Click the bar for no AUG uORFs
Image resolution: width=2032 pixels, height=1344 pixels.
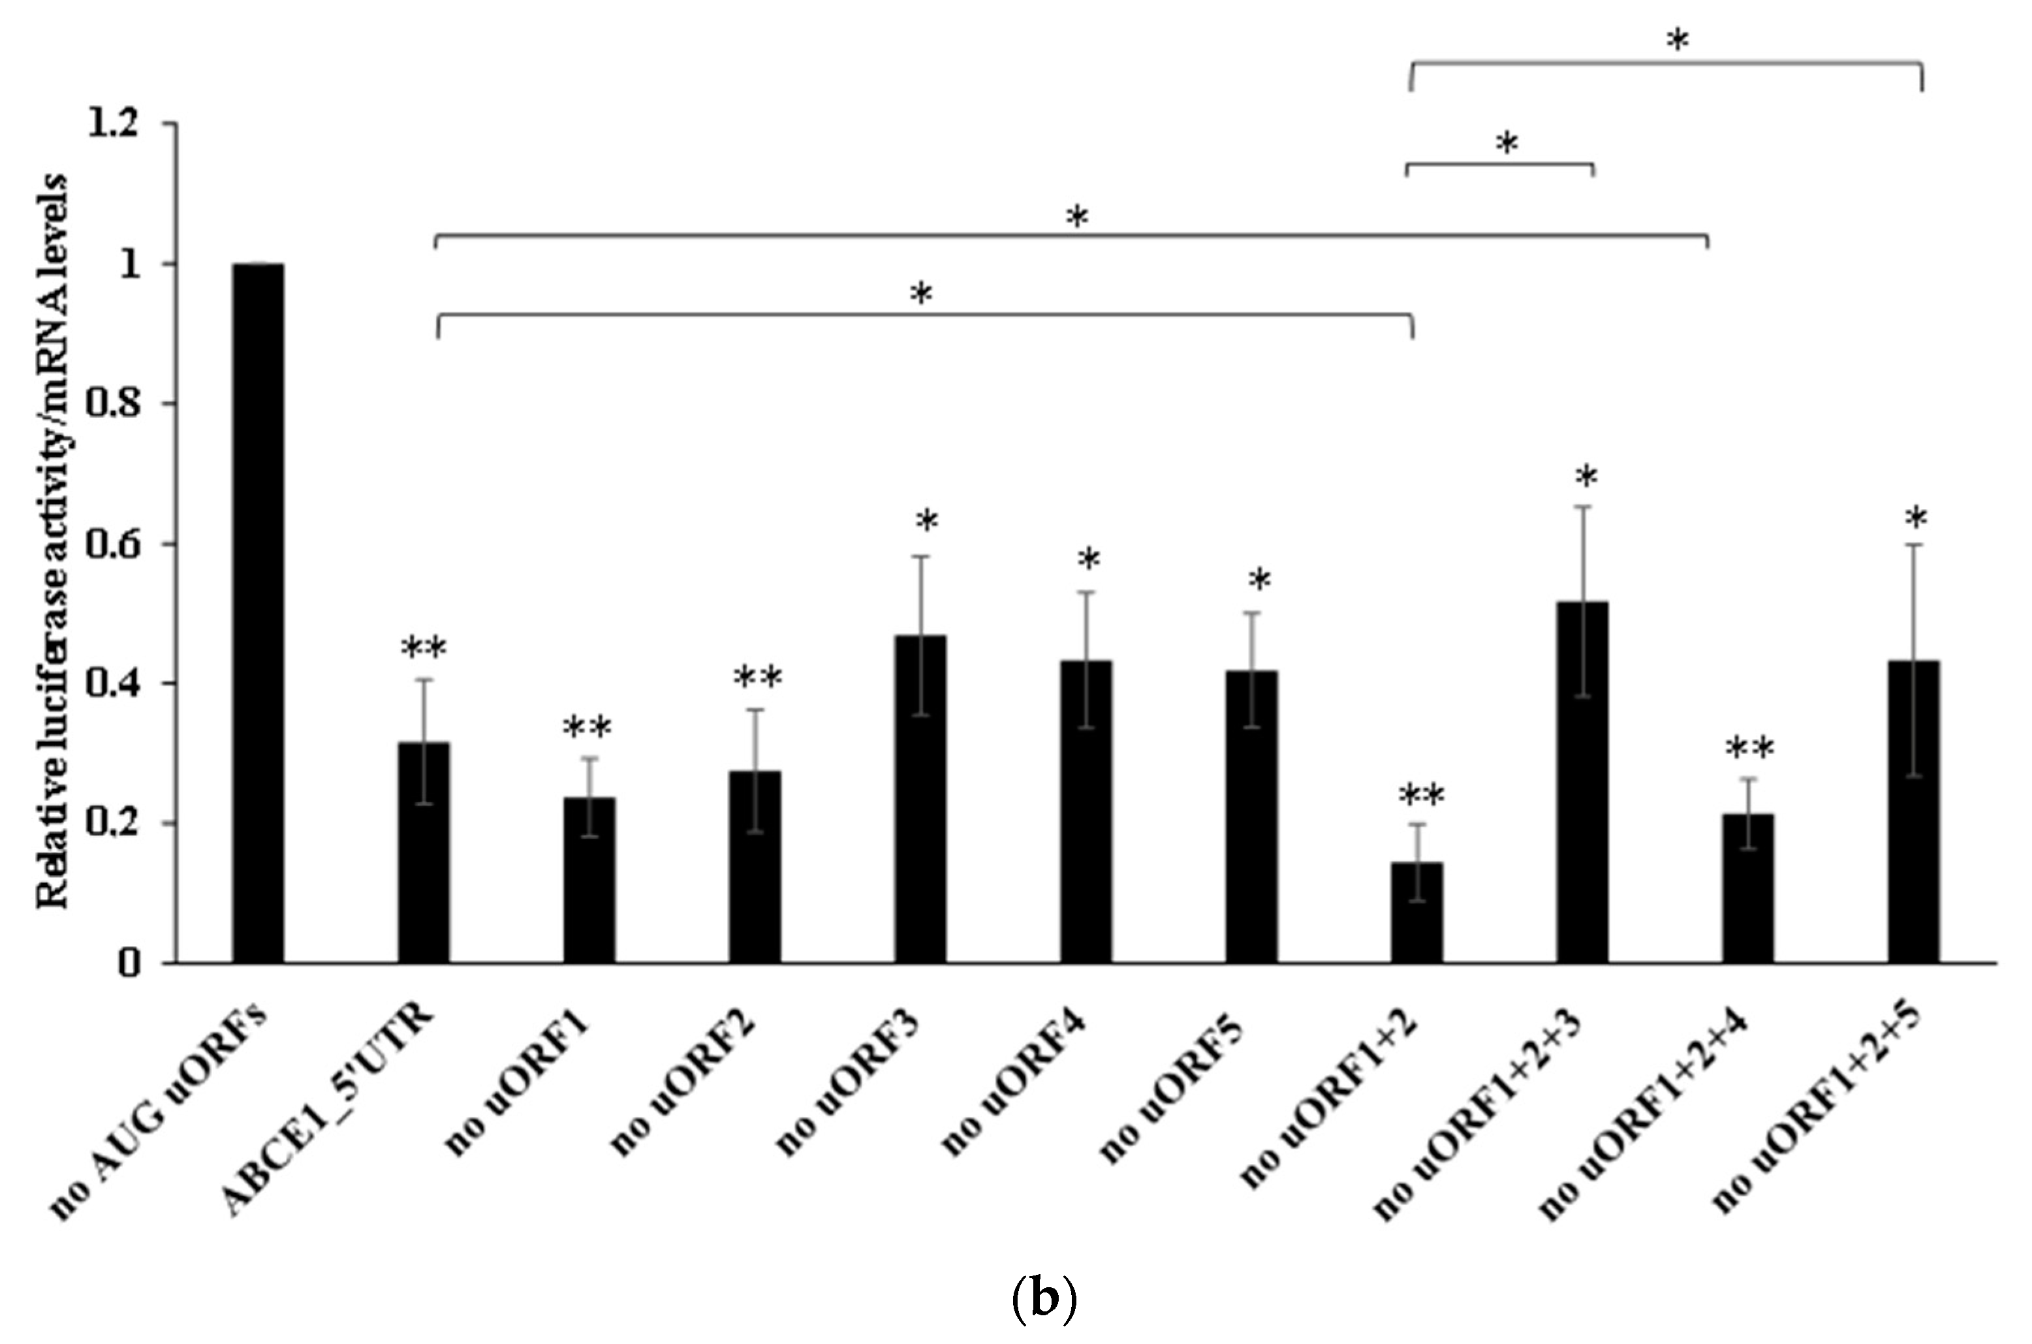tap(258, 613)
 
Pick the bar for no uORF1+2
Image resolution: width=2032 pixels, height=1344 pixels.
tap(1416, 912)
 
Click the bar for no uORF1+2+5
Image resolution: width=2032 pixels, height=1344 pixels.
tap(1914, 811)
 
